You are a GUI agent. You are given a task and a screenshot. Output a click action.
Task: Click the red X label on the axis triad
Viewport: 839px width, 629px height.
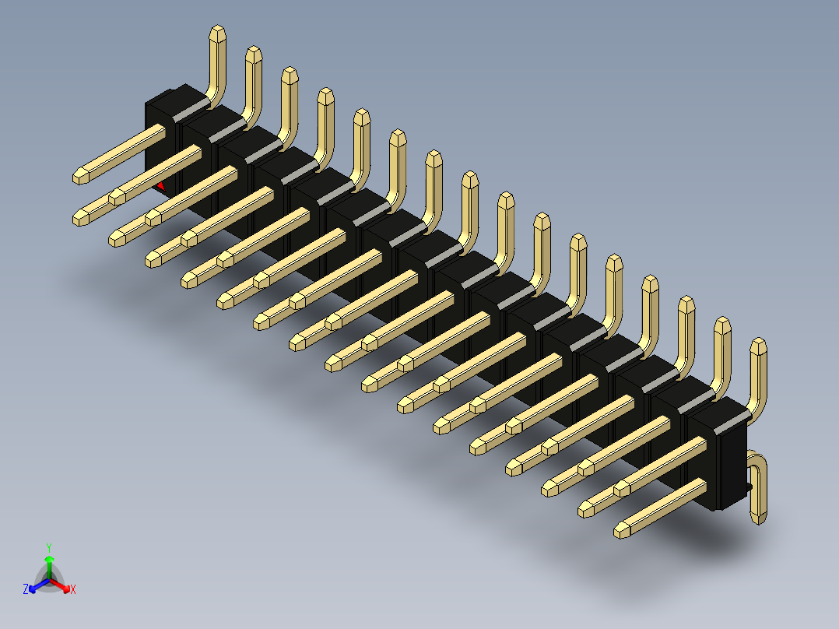pos(73,590)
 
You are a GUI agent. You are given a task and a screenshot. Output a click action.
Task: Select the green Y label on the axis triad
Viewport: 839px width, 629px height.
pos(49,547)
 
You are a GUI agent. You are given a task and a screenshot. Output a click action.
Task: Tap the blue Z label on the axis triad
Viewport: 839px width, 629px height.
pos(26,590)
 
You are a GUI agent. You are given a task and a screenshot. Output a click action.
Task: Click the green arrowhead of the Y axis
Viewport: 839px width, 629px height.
pos(49,560)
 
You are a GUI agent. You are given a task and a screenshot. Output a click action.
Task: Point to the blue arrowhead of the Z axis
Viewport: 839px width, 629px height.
pos(34,586)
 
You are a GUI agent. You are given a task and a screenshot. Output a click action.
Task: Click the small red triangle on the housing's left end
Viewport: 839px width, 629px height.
pos(160,186)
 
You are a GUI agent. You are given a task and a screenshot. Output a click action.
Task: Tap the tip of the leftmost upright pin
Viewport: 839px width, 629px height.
pos(218,32)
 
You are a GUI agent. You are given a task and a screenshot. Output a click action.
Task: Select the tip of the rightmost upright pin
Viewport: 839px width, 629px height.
pos(758,345)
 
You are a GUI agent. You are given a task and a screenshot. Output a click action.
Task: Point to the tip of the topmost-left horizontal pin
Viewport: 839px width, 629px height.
pos(80,177)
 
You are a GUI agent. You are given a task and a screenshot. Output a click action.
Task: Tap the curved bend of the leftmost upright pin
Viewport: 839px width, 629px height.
pos(214,97)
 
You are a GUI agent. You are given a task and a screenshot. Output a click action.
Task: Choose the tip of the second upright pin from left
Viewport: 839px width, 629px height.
pos(253,53)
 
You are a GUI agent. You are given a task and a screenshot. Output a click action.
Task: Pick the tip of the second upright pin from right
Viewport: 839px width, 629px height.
pos(722,324)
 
